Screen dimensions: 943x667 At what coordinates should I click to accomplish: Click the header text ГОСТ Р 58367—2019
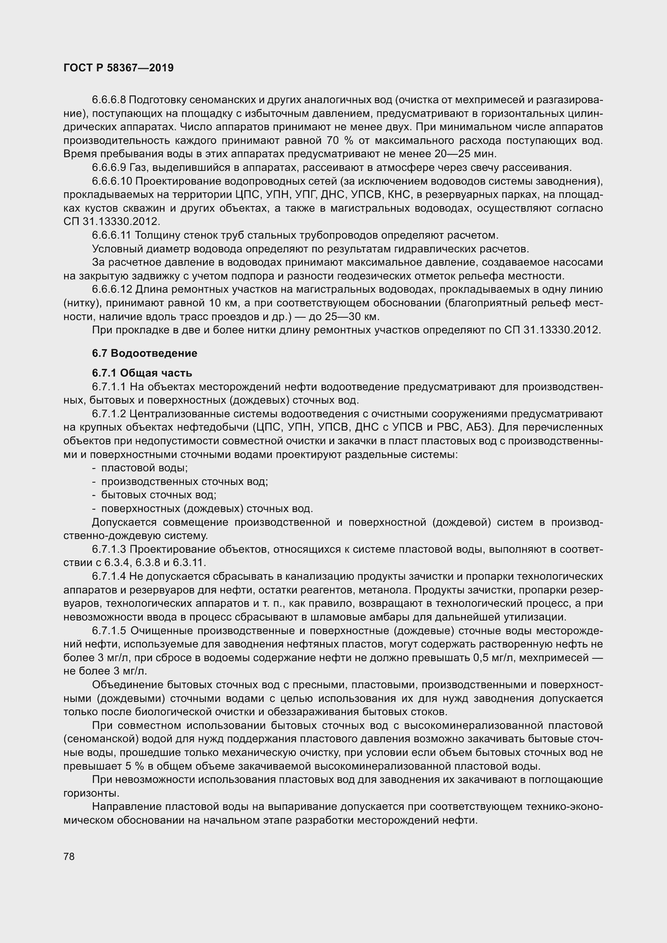pyautogui.click(x=119, y=68)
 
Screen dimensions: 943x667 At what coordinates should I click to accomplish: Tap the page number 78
pyautogui.click(x=69, y=856)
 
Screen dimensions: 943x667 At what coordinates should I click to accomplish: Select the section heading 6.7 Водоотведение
pyautogui.click(x=145, y=353)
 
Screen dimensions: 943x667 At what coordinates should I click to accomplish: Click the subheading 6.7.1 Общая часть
pyautogui.click(x=142, y=373)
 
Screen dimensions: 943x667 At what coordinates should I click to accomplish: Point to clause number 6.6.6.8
pyautogui.click(x=109, y=100)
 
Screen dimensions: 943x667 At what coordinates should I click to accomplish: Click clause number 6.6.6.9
pyautogui.click(x=109, y=168)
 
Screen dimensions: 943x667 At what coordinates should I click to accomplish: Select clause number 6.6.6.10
pyautogui.click(x=111, y=181)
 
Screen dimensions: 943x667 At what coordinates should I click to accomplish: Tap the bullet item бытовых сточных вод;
pyautogui.click(x=158, y=495)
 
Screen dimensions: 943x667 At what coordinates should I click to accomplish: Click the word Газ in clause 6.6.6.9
pyautogui.click(x=138, y=168)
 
